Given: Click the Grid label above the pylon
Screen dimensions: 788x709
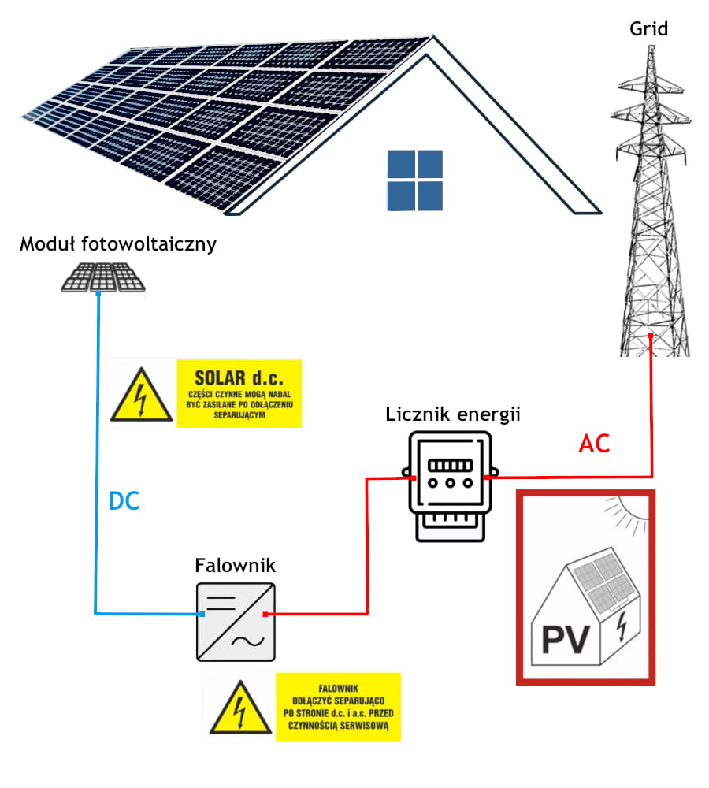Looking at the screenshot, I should [648, 30].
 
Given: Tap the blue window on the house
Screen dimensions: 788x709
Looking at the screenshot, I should [415, 180].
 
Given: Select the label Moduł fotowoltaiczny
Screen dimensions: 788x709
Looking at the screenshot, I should [118, 244].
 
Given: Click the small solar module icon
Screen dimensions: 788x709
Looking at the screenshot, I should [103, 276].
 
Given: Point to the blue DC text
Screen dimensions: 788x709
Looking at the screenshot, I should [124, 500].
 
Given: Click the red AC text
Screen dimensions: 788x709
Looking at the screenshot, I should [594, 444].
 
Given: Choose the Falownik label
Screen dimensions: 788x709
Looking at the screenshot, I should [235, 566].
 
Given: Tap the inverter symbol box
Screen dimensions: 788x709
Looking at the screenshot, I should [236, 622].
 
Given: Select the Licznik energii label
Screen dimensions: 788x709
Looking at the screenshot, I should [453, 414].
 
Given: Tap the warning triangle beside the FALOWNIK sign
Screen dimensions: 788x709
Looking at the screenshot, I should [239, 706].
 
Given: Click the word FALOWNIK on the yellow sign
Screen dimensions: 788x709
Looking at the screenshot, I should [337, 686].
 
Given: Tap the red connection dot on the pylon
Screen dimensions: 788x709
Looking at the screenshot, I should [651, 336].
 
